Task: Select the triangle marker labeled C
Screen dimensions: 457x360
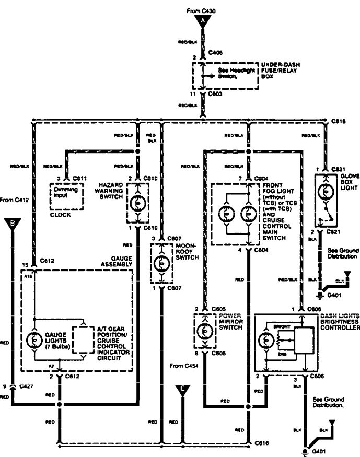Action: click(183, 389)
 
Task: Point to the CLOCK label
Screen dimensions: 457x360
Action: click(60, 214)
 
